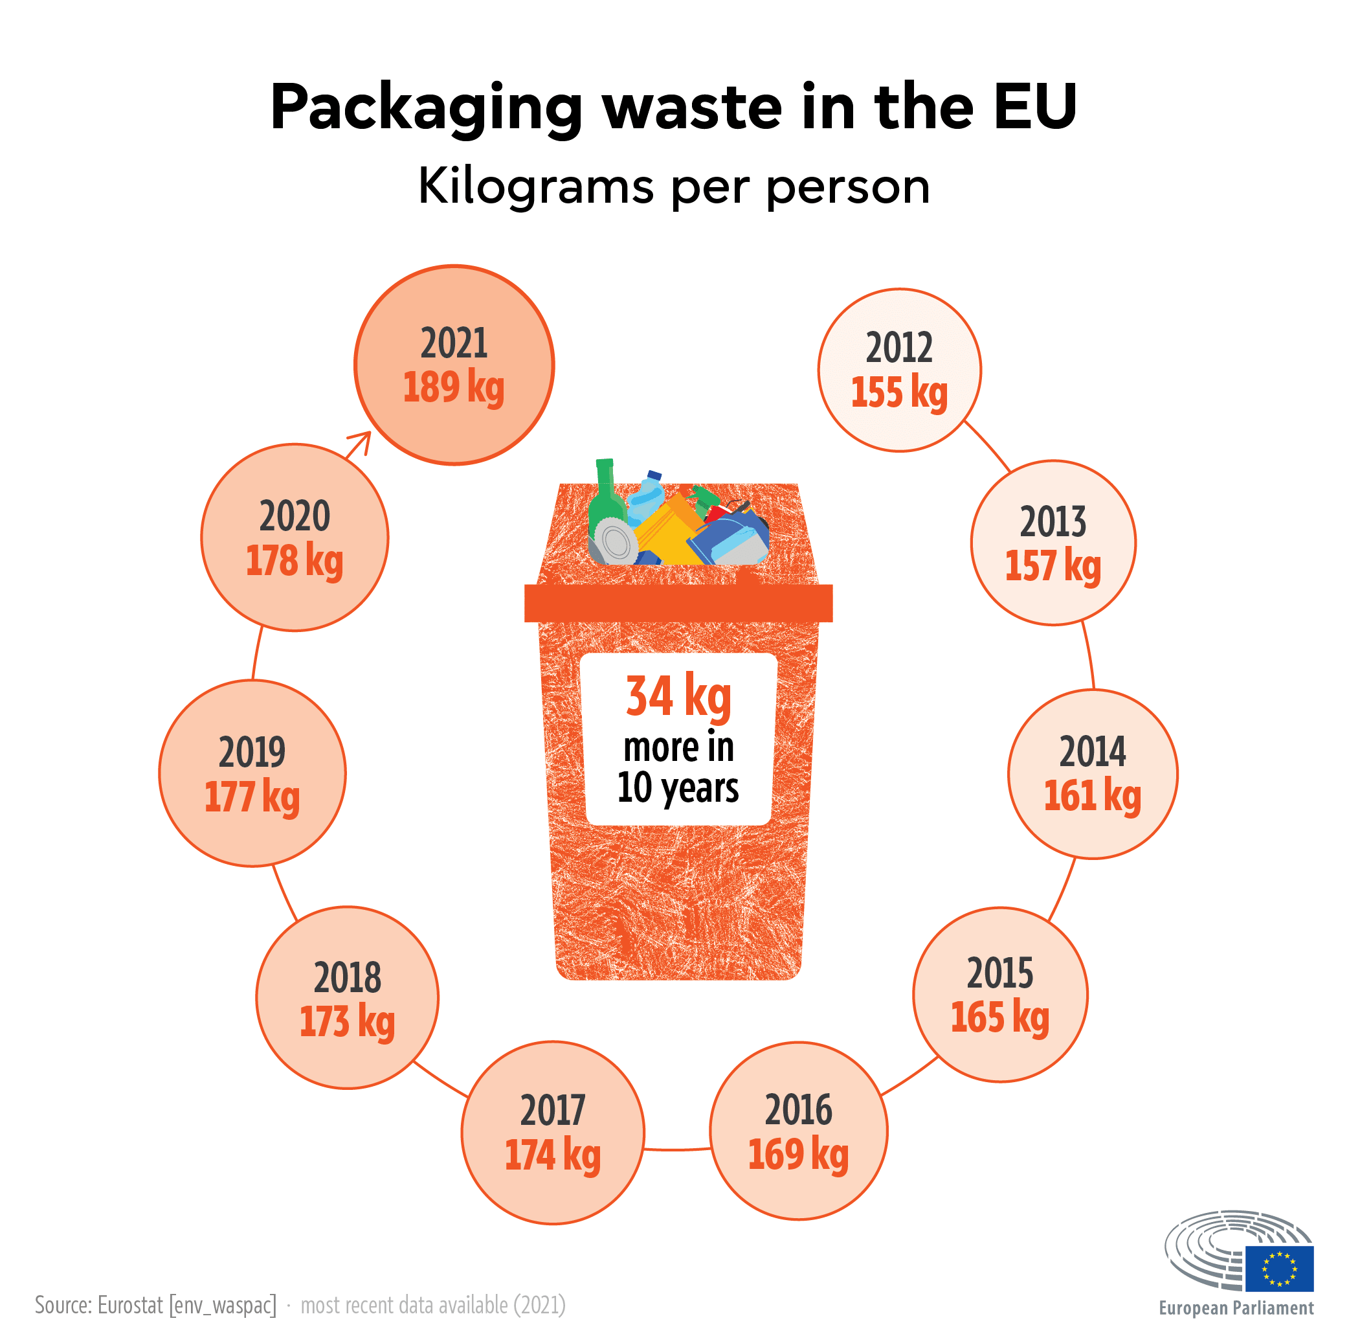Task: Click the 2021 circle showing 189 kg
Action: coord(454,365)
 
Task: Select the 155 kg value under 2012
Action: coord(898,392)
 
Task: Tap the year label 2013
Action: coord(1053,522)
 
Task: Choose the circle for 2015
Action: coord(999,995)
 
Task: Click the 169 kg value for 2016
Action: coord(797,1155)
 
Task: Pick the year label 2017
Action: coord(552,1111)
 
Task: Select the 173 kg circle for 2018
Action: coord(347,997)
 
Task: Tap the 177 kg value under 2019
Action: coord(252,797)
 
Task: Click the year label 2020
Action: coord(294,516)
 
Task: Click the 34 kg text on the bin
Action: coord(677,696)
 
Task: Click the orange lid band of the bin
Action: coord(677,604)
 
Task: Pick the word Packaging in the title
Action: coord(426,108)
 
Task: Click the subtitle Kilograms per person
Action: coord(674,187)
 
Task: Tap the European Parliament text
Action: coord(1235,1308)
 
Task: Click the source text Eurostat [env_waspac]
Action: coord(186,1304)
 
